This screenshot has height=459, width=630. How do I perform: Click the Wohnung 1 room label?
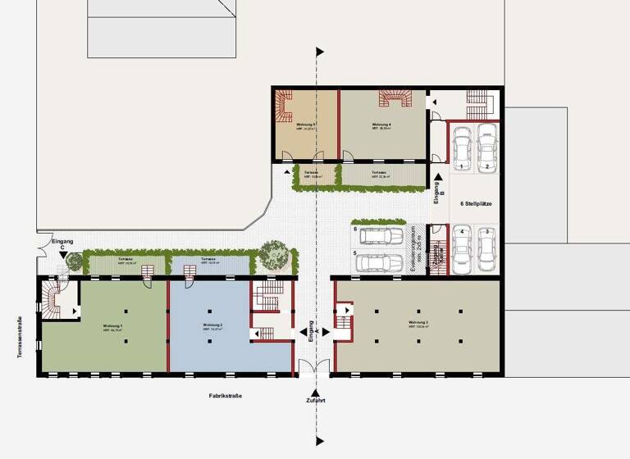point(113,326)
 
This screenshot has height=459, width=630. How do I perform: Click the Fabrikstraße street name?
point(225,396)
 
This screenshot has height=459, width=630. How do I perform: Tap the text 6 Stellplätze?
point(476,202)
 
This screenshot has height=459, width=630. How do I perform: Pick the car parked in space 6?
point(379,236)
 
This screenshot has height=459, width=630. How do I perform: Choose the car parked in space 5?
point(379,262)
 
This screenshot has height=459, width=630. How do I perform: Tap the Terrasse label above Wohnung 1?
point(126,259)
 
